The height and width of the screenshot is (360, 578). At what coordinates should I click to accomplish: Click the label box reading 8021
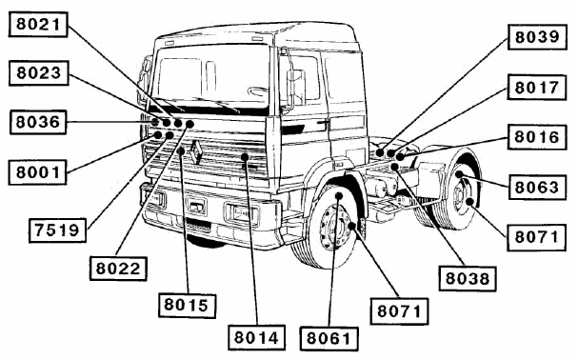[38, 25]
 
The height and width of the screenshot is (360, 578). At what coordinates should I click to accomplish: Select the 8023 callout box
[39, 73]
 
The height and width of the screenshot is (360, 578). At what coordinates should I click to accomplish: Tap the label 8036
[38, 122]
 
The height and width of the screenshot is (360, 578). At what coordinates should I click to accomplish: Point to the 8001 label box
[37, 171]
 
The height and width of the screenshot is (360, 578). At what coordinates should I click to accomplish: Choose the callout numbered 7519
[57, 230]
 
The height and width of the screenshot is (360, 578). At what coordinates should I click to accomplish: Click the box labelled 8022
[118, 269]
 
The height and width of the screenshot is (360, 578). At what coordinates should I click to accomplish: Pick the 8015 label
[187, 305]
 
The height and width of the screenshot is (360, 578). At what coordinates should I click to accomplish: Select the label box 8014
[256, 337]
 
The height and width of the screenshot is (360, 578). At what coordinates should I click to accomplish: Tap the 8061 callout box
[329, 338]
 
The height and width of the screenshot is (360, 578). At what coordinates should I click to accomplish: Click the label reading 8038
[468, 278]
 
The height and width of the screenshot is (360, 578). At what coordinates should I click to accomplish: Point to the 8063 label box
[537, 188]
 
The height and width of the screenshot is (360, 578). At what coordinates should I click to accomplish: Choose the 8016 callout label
[537, 137]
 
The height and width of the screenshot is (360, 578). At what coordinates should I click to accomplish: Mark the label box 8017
[537, 88]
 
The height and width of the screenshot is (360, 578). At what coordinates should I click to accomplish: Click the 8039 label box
[537, 37]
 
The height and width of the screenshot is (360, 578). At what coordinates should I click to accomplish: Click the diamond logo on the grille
[196, 152]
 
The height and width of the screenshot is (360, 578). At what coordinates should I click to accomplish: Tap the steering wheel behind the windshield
[257, 90]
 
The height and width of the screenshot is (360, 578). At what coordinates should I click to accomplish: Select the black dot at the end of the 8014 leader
[245, 157]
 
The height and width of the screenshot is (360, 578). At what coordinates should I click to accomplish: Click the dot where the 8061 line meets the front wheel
[339, 195]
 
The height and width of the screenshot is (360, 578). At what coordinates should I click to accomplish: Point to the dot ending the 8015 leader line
[181, 150]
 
